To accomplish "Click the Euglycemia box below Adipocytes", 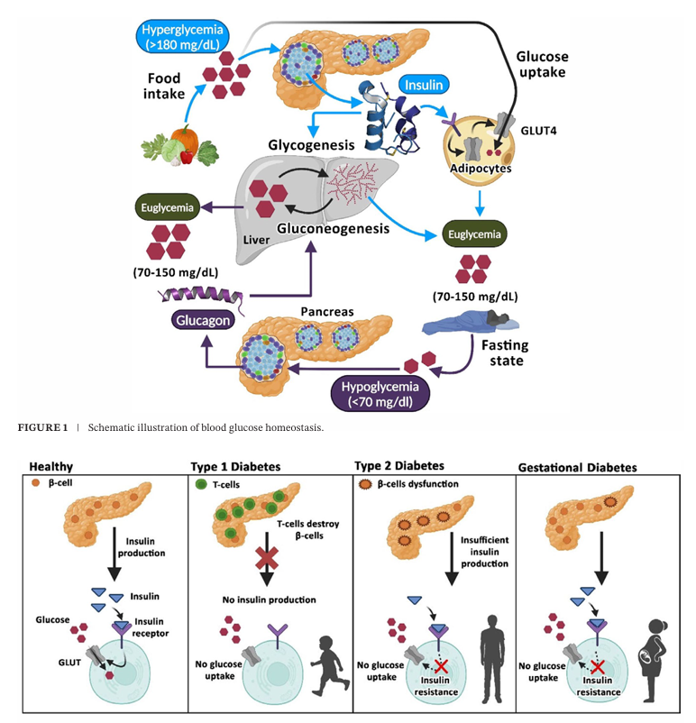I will pyautogui.click(x=475, y=235).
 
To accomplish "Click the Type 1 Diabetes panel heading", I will pyautogui.click(x=235, y=468).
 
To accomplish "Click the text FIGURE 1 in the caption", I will pyautogui.click(x=41, y=426).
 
